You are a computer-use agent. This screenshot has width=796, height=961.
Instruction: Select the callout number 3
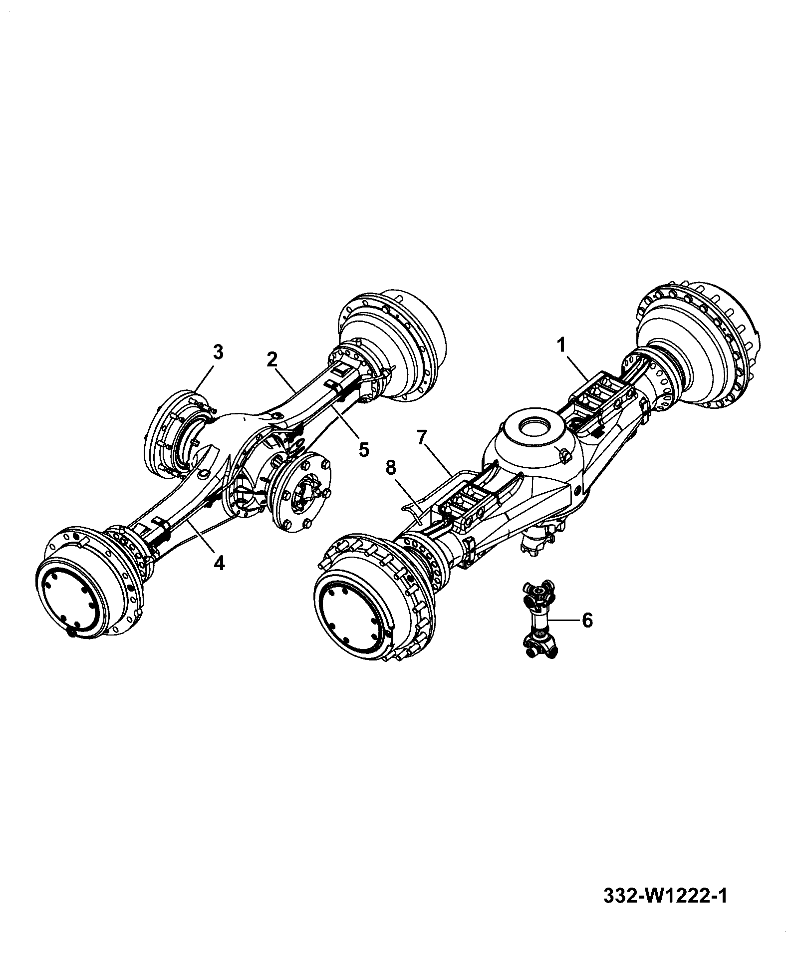pyautogui.click(x=218, y=352)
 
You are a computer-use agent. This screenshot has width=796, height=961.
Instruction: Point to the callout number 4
pyautogui.click(x=219, y=564)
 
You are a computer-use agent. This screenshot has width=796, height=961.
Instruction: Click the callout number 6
pyautogui.click(x=587, y=621)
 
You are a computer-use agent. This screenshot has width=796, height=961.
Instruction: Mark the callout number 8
pyautogui.click(x=391, y=468)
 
